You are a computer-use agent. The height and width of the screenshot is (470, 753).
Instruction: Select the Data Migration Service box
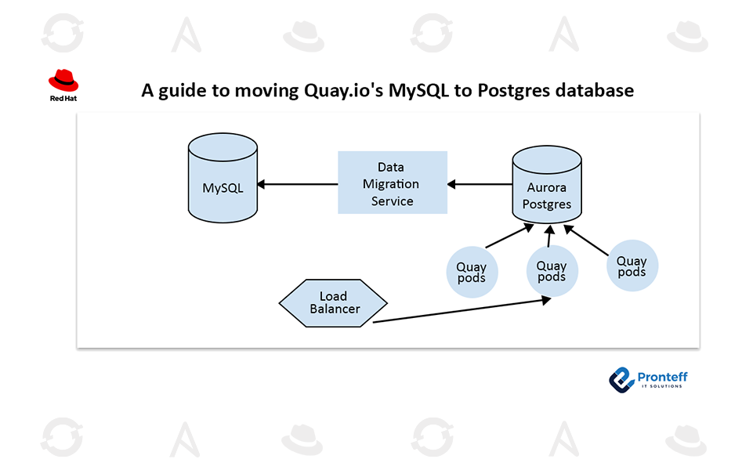tap(392, 183)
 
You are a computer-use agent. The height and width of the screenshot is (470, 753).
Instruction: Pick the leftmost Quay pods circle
tap(471, 272)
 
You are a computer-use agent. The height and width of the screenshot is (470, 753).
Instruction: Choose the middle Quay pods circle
tap(552, 271)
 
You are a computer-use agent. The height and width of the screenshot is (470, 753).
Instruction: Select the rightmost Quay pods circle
tap(632, 266)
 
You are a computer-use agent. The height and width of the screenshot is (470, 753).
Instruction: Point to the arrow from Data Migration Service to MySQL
tap(298, 184)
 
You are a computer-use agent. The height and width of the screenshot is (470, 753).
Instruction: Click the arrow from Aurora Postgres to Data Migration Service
tap(480, 185)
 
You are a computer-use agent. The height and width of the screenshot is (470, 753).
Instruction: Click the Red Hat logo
tap(63, 85)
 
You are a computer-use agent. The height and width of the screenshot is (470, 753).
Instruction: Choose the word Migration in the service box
tap(392, 184)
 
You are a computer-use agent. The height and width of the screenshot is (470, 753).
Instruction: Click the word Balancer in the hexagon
tap(335, 309)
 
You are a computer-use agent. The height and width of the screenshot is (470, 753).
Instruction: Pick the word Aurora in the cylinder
tap(547, 188)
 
